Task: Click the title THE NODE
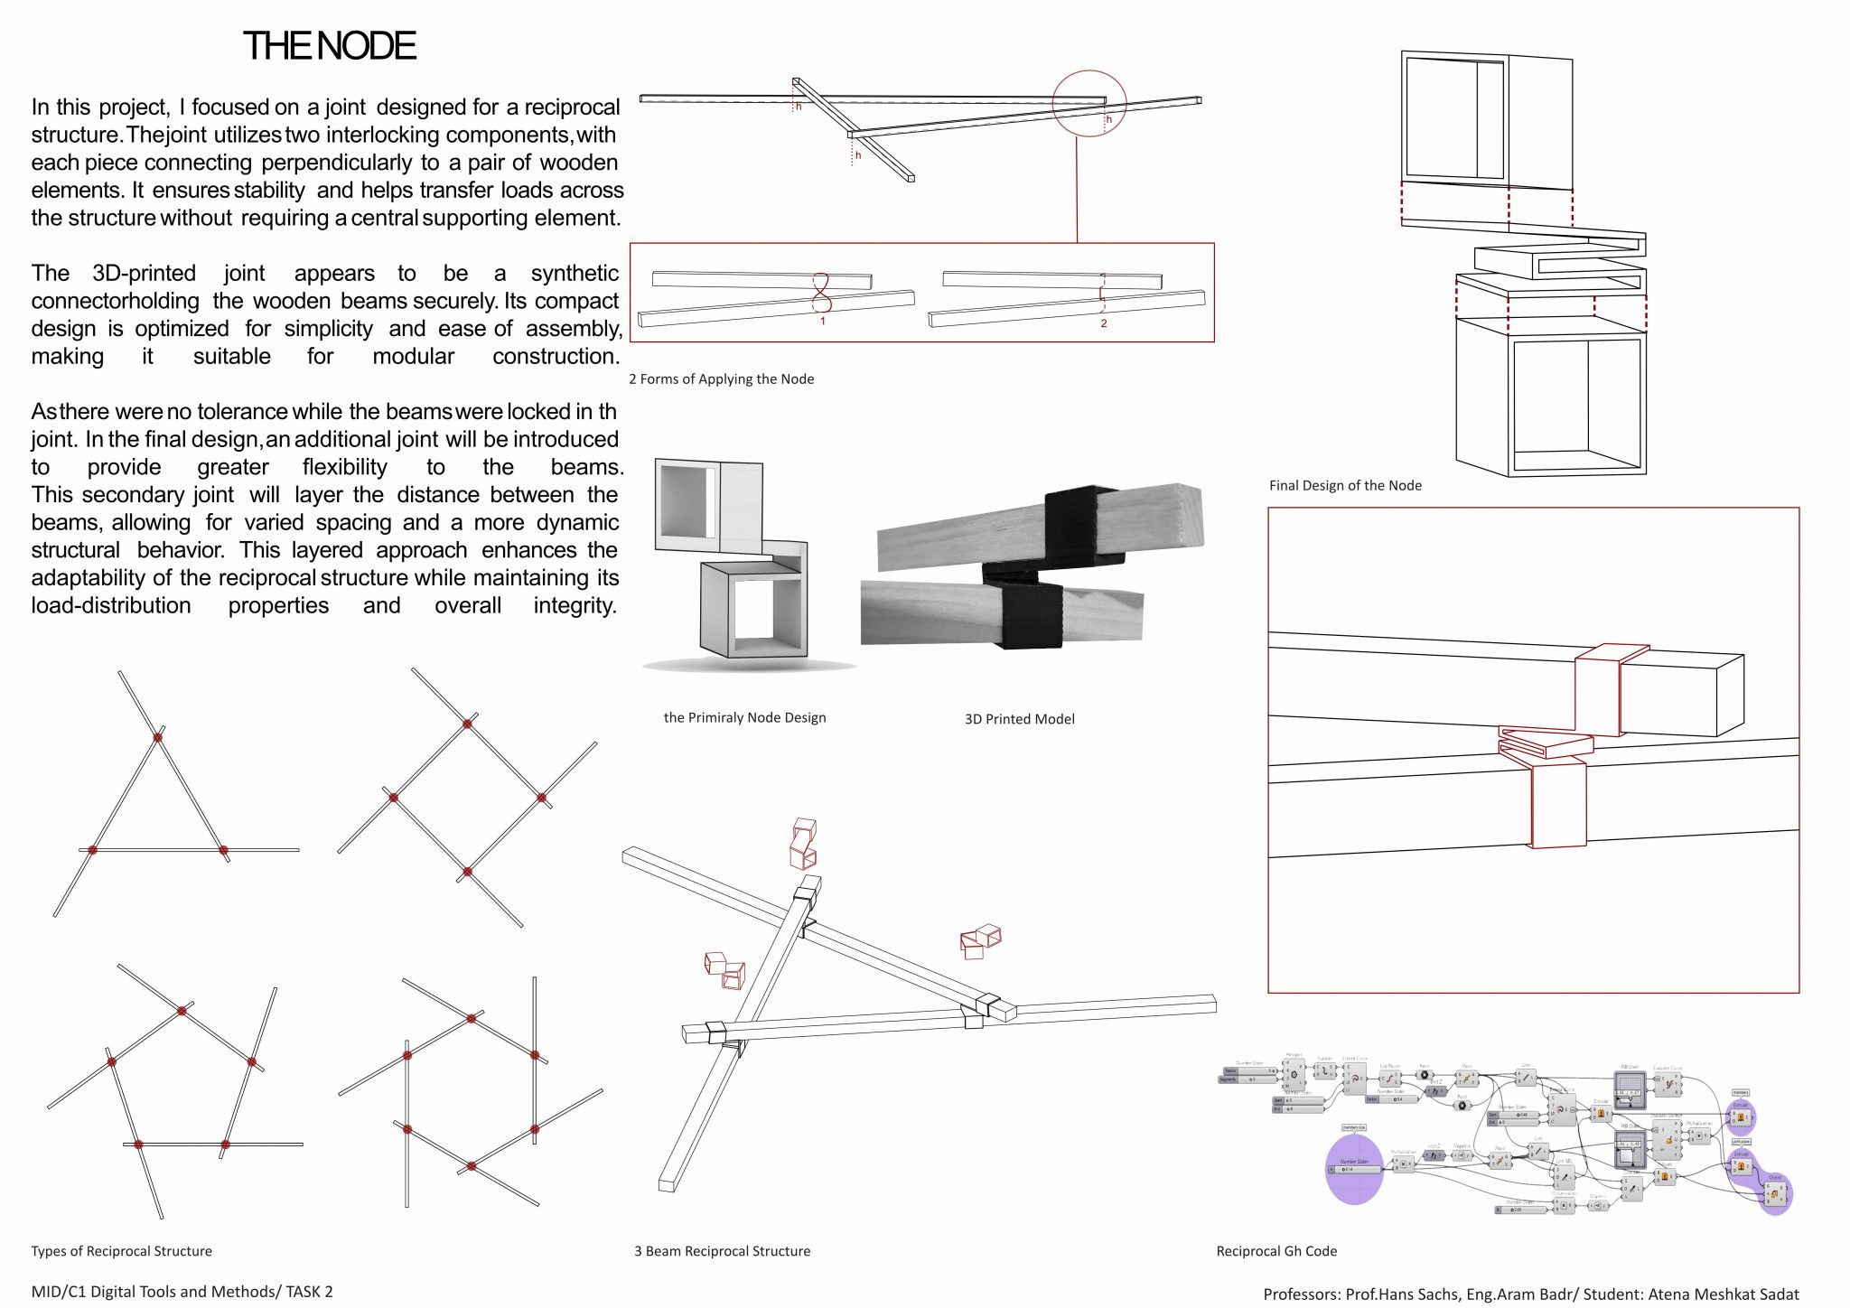point(330,46)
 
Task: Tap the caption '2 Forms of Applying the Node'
point(721,379)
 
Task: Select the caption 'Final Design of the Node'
point(1345,486)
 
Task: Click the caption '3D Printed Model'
point(1019,719)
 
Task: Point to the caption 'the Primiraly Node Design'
point(744,717)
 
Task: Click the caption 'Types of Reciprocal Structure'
point(121,1251)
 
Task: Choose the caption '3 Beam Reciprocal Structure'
point(722,1251)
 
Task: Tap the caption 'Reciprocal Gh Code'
point(1276,1251)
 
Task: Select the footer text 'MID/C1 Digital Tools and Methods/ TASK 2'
point(182,1292)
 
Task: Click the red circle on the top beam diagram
point(1089,103)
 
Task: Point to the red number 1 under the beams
point(823,322)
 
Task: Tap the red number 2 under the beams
point(1103,323)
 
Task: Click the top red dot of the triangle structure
point(157,738)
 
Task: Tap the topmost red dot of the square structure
point(467,724)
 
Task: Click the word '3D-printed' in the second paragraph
point(144,274)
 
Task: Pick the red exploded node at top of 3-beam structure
point(803,843)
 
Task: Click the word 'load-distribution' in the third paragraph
point(111,605)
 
